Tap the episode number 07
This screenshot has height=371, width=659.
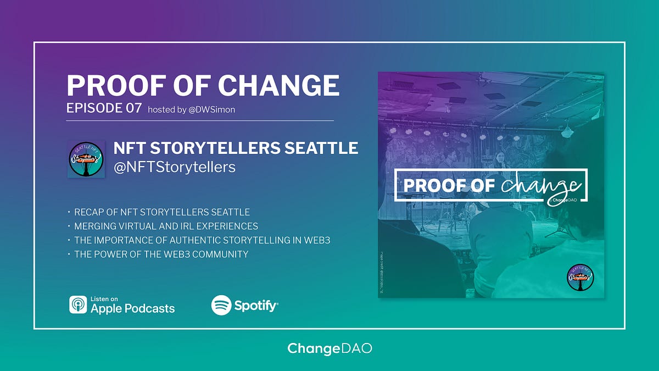coord(134,108)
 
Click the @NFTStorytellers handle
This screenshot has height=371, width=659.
coord(174,167)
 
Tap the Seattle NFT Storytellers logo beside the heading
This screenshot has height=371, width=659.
coord(86,159)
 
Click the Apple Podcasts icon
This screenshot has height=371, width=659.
coord(78,304)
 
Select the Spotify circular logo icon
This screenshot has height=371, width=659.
coord(221,305)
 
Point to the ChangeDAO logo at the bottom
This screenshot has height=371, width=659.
coord(329,348)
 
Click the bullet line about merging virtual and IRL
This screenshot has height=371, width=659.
coord(166,226)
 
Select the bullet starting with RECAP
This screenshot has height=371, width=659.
coord(162,212)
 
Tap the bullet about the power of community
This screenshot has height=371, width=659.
coord(161,254)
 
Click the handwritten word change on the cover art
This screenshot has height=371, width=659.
coord(539,186)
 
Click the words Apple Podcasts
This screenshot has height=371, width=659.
coord(132,308)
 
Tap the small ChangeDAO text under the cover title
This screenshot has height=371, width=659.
coord(562,200)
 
